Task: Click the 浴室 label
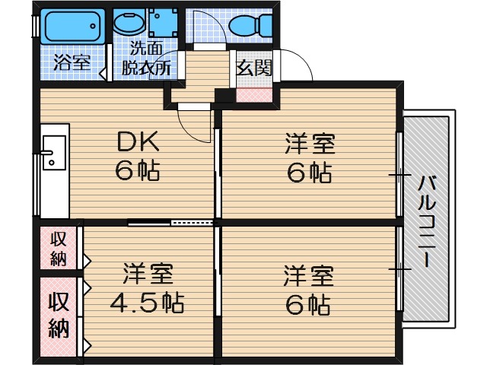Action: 72,63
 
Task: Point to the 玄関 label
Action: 254,68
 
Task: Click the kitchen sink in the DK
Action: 54,152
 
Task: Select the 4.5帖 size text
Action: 147,302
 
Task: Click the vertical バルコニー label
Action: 427,221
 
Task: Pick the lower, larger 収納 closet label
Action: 59,315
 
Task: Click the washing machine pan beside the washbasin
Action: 163,22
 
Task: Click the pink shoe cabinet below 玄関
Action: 254,95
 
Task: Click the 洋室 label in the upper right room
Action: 310,144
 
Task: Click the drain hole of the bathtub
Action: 93,27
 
